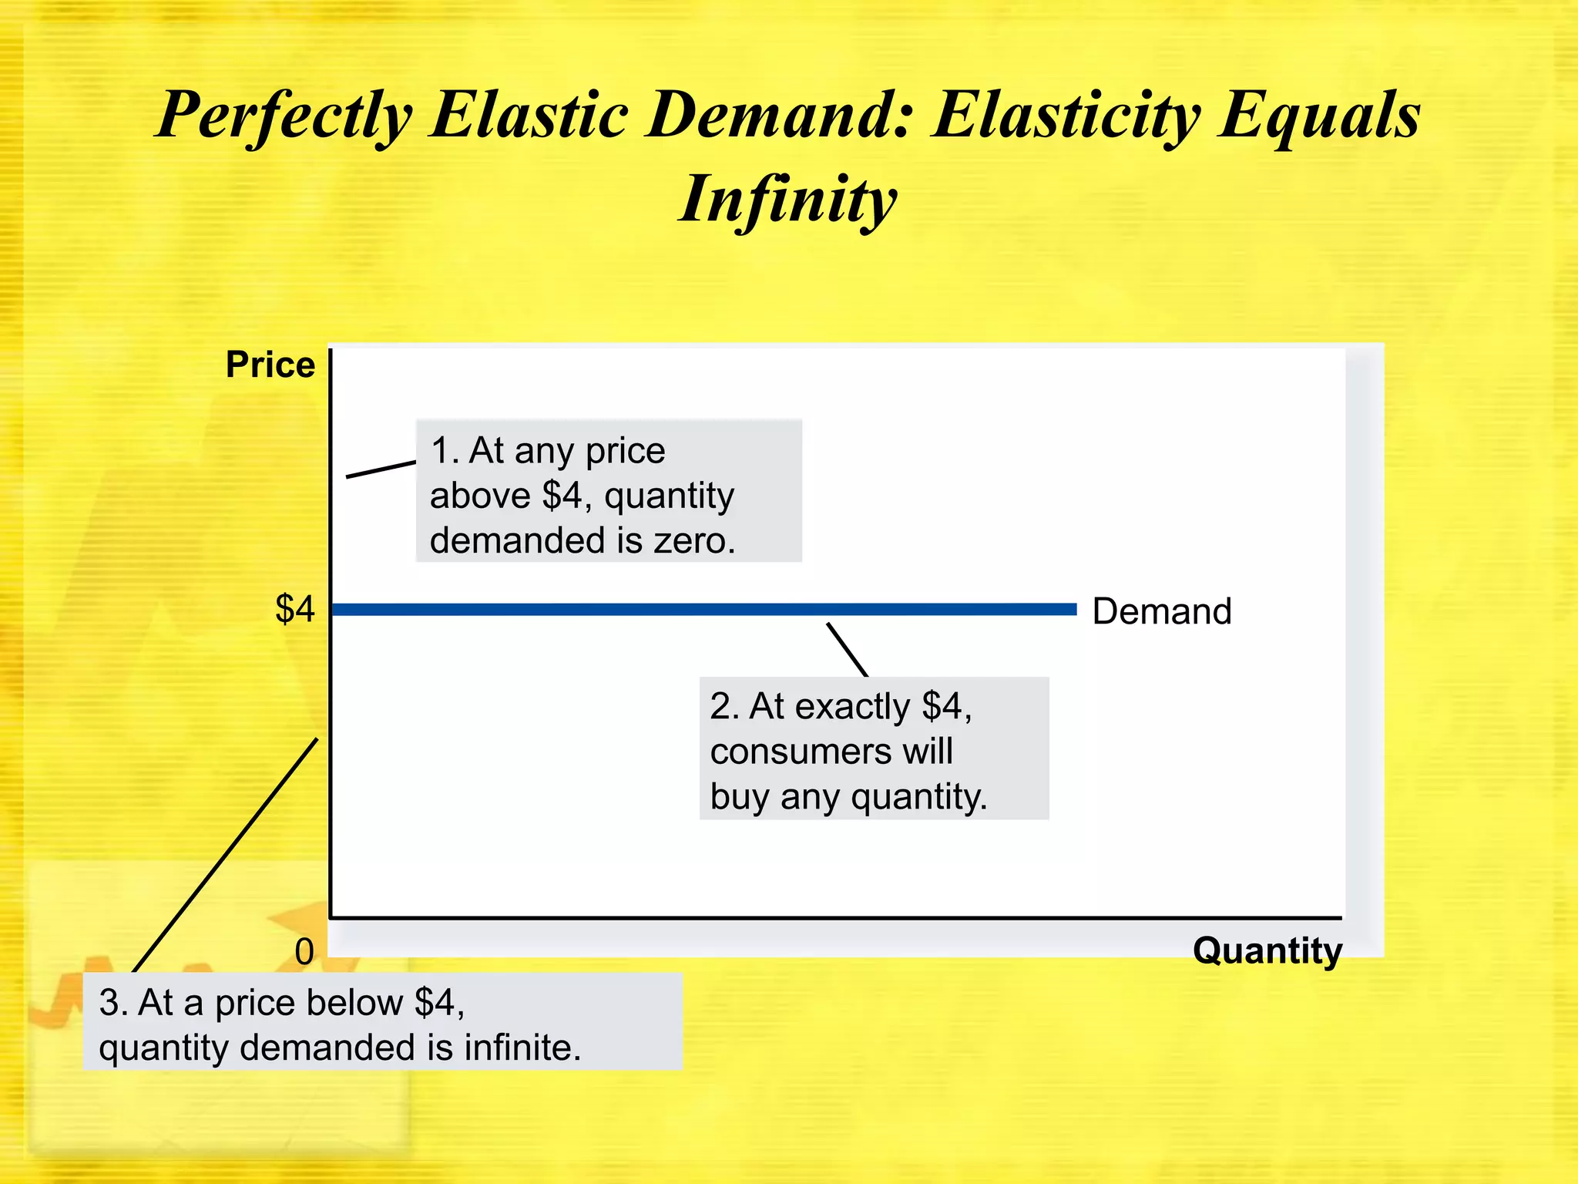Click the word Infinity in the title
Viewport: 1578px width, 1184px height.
787,199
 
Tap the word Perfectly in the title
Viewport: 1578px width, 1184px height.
284,116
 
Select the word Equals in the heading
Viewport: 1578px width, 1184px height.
1319,116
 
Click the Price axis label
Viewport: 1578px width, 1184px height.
270,365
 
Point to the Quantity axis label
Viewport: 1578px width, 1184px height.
1267,950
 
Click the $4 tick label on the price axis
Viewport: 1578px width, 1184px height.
295,609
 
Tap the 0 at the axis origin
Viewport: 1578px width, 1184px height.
304,953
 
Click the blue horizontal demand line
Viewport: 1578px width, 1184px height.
693,610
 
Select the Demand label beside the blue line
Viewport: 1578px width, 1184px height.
1162,611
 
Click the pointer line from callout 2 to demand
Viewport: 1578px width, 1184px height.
848,650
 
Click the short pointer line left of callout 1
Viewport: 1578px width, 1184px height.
381,469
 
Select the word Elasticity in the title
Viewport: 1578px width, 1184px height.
1066,116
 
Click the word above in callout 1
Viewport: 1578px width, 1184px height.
480,496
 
